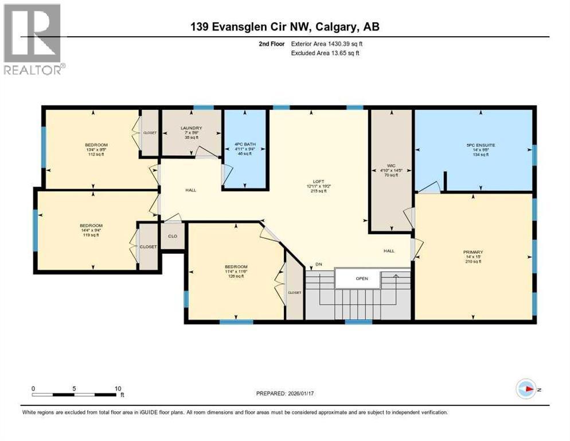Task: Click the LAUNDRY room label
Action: (x=192, y=128)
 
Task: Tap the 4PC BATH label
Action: (x=245, y=144)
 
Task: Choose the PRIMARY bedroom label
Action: (x=473, y=252)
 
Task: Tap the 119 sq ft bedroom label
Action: (x=91, y=226)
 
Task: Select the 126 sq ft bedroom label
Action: (x=236, y=267)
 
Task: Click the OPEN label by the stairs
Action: (x=361, y=278)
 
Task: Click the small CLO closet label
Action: (x=172, y=236)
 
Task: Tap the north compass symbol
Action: (x=525, y=389)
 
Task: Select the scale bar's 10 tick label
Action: (x=118, y=388)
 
